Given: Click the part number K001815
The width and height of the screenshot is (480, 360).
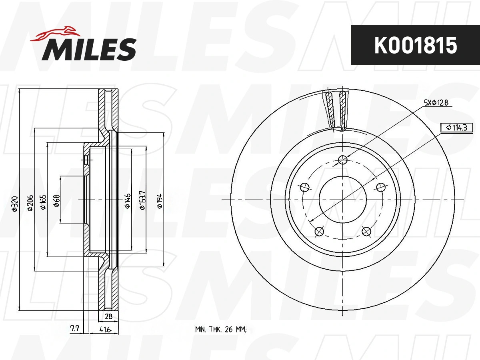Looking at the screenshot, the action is pos(416,45).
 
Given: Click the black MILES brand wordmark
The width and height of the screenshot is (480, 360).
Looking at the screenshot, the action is pos(89,49).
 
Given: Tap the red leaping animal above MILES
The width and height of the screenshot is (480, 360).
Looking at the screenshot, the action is pos(55,34).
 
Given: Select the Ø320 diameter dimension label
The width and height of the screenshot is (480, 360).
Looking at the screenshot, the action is pos(15,204).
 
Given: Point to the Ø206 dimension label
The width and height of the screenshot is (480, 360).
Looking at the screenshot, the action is pos(30,203).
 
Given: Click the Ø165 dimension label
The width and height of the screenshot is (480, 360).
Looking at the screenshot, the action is pos(43,202).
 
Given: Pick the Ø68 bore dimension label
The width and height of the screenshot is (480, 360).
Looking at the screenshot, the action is pos(56,201).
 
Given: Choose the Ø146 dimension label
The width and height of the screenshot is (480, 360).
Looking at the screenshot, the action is pos(127,201).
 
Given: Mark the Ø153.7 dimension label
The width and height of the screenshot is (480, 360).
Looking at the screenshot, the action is pos(142,200).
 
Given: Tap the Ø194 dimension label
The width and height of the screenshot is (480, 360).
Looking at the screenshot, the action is pos(160,201).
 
